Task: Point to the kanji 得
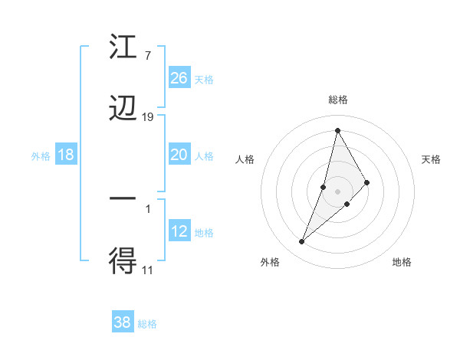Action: pyautogui.click(x=123, y=260)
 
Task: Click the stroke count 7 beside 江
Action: pyautogui.click(x=147, y=56)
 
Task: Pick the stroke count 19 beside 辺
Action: pyautogui.click(x=148, y=116)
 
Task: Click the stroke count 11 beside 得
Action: pyautogui.click(x=148, y=269)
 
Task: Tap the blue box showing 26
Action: pyautogui.click(x=179, y=78)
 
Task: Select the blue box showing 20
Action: pyautogui.click(x=179, y=155)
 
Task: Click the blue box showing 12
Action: pyautogui.click(x=179, y=231)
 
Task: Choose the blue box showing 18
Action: pyautogui.click(x=66, y=155)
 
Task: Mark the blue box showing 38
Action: pyautogui.click(x=123, y=322)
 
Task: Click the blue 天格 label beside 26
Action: pyautogui.click(x=204, y=79)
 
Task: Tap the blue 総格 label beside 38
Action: pyautogui.click(x=147, y=324)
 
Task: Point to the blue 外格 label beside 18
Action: pyautogui.click(x=41, y=156)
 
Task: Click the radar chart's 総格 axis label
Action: pyautogui.click(x=338, y=100)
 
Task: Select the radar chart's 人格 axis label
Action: pyautogui.click(x=245, y=159)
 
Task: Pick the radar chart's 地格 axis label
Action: pyautogui.click(x=402, y=262)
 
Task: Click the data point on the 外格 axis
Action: pyautogui.click(x=301, y=242)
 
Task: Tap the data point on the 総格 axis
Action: pyautogui.click(x=337, y=130)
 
